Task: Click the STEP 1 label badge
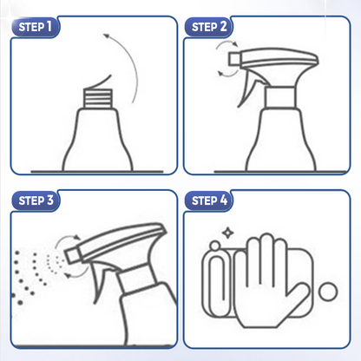36,27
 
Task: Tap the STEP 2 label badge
208,27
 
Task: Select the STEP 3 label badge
36,200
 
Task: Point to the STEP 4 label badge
208,200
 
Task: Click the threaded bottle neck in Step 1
98,98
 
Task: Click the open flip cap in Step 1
98,82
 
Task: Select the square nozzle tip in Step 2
234,59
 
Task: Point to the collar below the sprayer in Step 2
280,97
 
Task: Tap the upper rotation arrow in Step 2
226,44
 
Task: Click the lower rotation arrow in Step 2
228,74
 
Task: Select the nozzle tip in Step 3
73,254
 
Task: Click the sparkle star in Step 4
227,233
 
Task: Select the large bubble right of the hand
328,292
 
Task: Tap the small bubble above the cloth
214,246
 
